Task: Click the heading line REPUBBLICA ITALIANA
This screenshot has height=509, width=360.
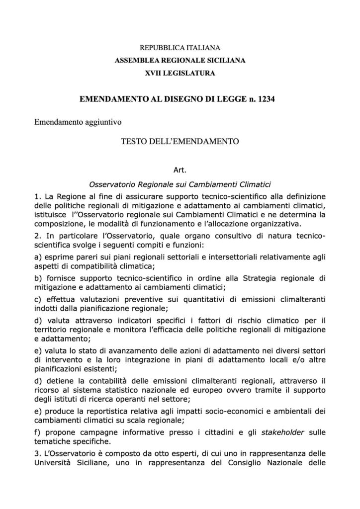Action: coord(180,48)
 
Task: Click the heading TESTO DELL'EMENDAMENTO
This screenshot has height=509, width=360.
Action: coord(180,141)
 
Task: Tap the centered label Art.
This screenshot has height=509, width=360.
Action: coord(180,170)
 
